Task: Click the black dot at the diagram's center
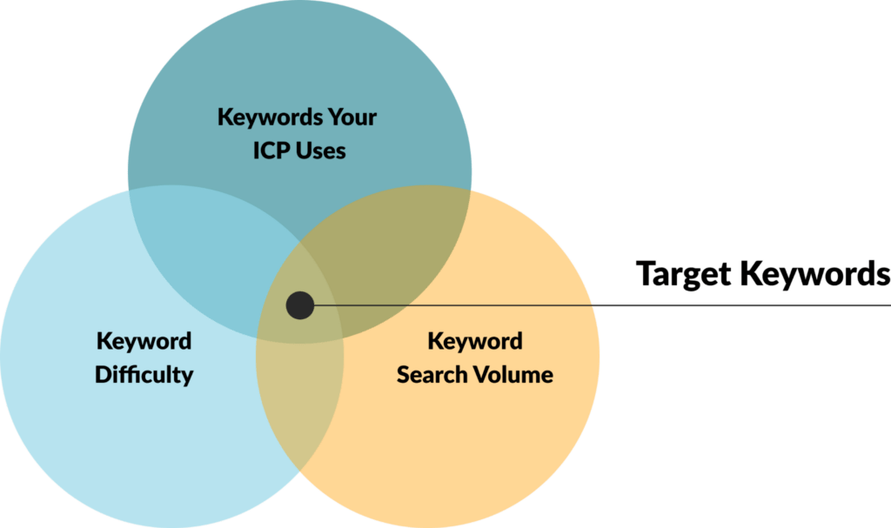[300, 306]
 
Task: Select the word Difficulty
[144, 375]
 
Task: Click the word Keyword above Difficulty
[144, 342]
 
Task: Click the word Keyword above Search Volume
[475, 342]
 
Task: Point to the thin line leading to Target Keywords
[602, 306]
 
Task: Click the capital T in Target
[646, 273]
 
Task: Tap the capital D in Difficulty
[103, 375]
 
